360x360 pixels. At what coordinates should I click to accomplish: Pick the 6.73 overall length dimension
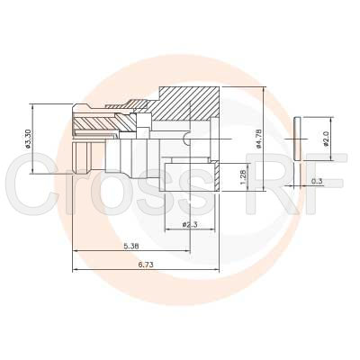coord(146,264)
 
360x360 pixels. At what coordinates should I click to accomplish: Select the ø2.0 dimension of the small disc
coord(326,141)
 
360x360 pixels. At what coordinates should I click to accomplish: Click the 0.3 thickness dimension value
coord(316,181)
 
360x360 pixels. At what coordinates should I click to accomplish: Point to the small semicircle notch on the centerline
coord(184,137)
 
